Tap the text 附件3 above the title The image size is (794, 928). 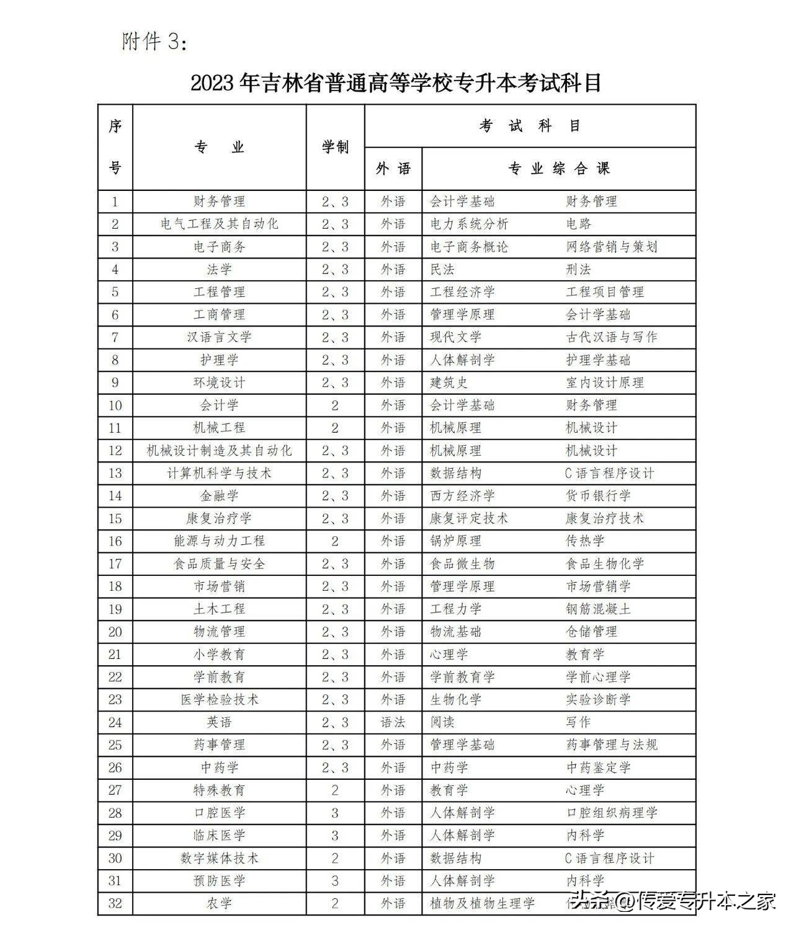click(x=153, y=42)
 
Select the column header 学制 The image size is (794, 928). click(x=335, y=148)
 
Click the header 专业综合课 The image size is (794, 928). click(x=559, y=169)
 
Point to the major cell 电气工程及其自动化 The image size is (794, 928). click(x=219, y=224)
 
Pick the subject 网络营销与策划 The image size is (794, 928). click(x=611, y=247)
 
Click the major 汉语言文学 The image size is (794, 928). click(x=219, y=337)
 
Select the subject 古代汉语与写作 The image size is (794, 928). click(x=611, y=337)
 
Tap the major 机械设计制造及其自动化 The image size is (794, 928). click(x=219, y=451)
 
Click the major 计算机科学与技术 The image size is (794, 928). click(x=219, y=474)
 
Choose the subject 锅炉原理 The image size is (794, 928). click(x=456, y=541)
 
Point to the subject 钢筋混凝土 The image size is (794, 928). click(x=598, y=609)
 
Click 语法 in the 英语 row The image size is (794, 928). click(x=393, y=722)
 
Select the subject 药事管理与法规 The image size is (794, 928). click(x=611, y=745)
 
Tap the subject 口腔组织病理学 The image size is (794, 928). click(x=611, y=813)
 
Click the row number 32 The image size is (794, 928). click(x=115, y=903)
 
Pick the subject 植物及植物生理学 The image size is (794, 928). click(x=482, y=903)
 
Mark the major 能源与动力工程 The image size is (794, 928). click(x=219, y=541)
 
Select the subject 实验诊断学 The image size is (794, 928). click(x=598, y=700)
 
